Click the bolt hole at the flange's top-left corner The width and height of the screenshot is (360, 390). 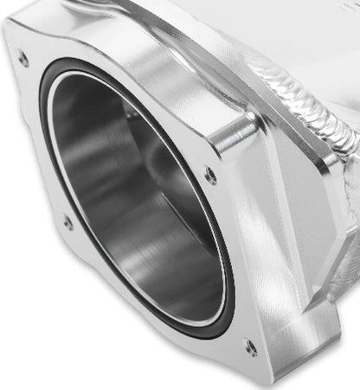23,59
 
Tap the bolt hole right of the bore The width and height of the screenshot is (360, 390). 210,177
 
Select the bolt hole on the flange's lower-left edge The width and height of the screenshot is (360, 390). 68,222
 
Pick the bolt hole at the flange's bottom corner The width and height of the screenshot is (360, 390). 249,348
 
